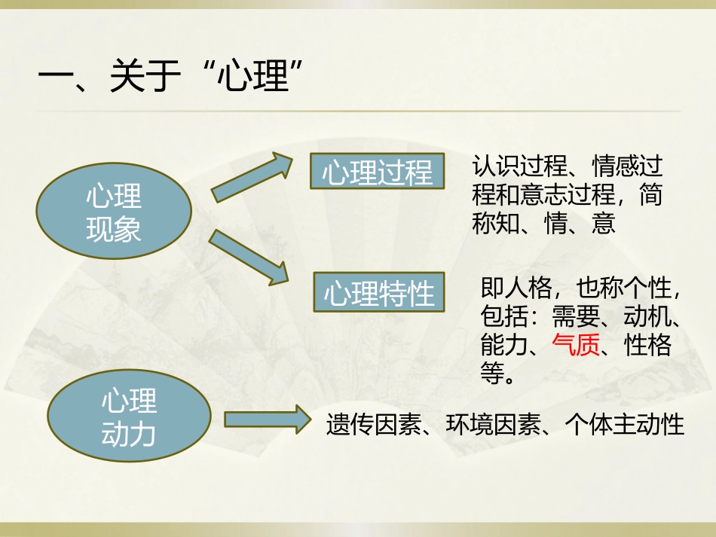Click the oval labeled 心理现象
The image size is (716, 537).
pyautogui.click(x=113, y=212)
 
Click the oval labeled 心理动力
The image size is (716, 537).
pyautogui.click(x=129, y=417)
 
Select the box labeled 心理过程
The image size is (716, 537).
pyautogui.click(x=378, y=172)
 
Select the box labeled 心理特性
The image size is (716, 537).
pyautogui.click(x=380, y=293)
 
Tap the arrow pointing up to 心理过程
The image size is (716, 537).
pyautogui.click(x=252, y=178)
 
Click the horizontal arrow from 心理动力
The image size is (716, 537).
pyautogui.click(x=268, y=420)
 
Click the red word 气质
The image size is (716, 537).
pyautogui.click(x=576, y=344)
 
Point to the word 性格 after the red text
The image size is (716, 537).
pyautogui.click(x=648, y=344)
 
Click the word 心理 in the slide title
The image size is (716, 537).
pyautogui.click(x=252, y=78)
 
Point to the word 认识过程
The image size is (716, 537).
pyautogui.click(x=519, y=166)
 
